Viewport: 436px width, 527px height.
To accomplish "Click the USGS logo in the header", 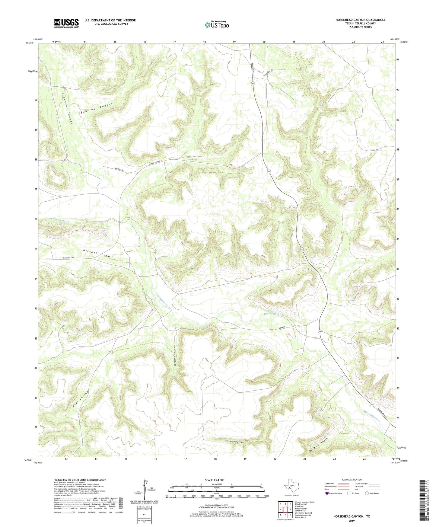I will pyautogui.click(x=66, y=23).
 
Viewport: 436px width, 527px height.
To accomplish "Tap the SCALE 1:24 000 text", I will pyautogui.click(x=215, y=480).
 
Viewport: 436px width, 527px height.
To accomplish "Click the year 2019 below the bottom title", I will pyautogui.click(x=352, y=521).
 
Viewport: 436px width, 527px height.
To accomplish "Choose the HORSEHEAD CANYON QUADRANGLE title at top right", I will pyautogui.click(x=360, y=20).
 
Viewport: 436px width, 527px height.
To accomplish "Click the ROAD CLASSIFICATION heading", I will pyautogui.click(x=352, y=480).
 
